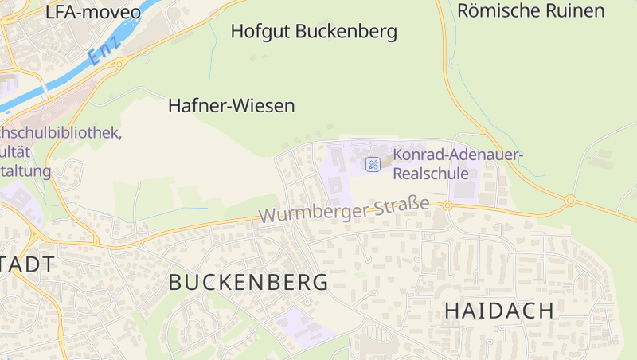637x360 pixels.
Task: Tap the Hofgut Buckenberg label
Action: click(x=314, y=32)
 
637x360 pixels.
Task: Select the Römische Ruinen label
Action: click(x=531, y=10)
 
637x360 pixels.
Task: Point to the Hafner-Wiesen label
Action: click(x=232, y=105)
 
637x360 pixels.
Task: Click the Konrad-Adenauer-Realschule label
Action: click(x=457, y=163)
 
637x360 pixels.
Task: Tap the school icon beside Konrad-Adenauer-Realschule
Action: click(x=373, y=164)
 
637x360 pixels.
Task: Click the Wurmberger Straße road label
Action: click(x=344, y=211)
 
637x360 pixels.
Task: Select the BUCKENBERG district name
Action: click(x=248, y=282)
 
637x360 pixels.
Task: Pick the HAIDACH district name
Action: click(x=498, y=311)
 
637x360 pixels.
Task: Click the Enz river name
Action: click(x=104, y=49)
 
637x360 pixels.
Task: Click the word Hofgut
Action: click(x=260, y=32)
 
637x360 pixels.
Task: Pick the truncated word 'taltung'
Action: click(x=25, y=170)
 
